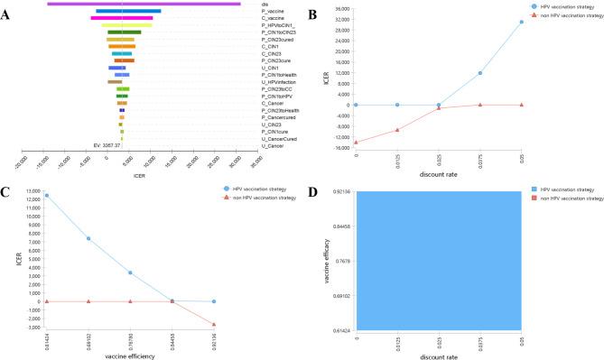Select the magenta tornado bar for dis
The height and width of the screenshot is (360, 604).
pyautogui.click(x=144, y=4)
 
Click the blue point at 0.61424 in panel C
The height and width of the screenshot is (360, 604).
pyautogui.click(x=46, y=196)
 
